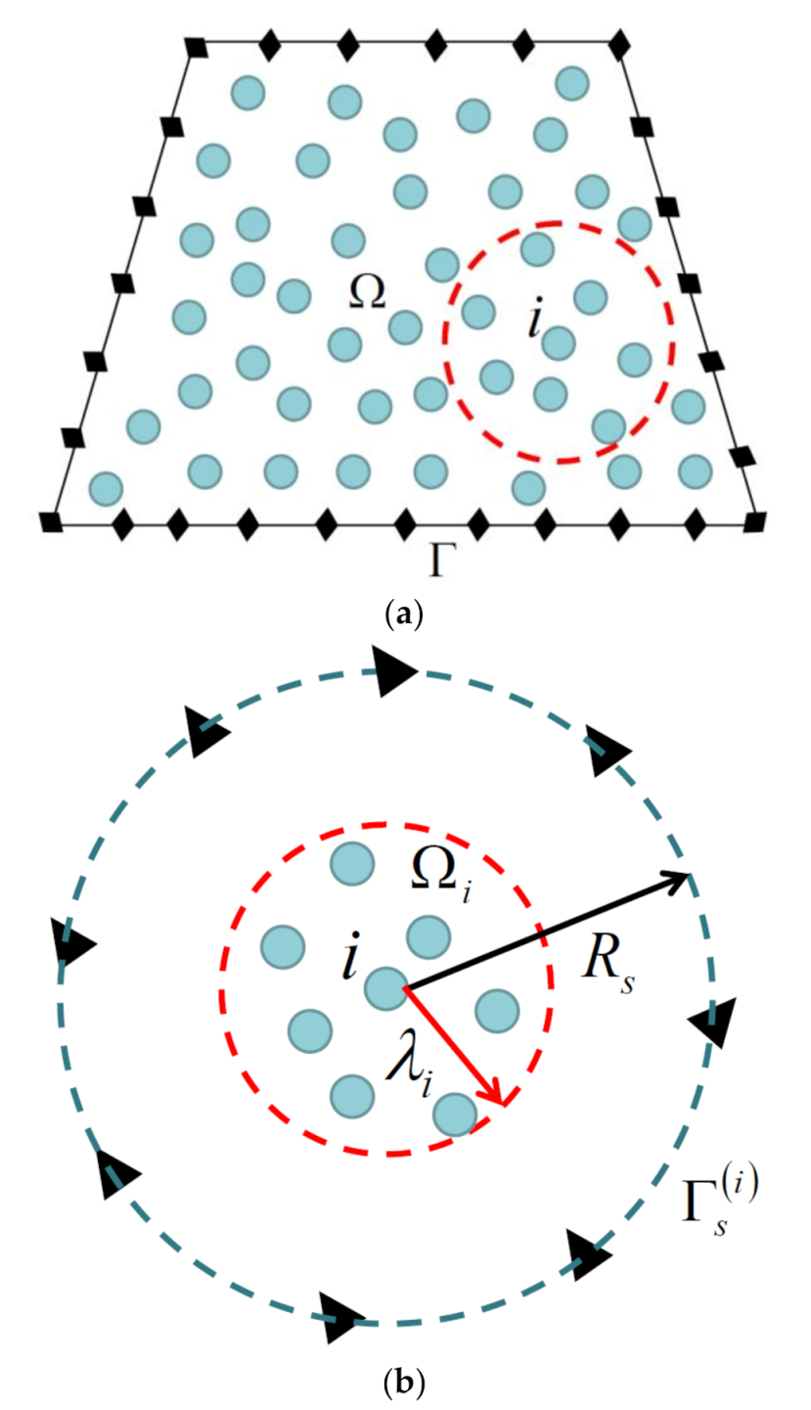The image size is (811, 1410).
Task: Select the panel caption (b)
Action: coord(404,1382)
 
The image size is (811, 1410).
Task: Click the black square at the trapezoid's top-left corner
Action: coord(197,46)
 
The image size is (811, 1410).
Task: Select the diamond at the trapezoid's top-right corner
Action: coord(617,46)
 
